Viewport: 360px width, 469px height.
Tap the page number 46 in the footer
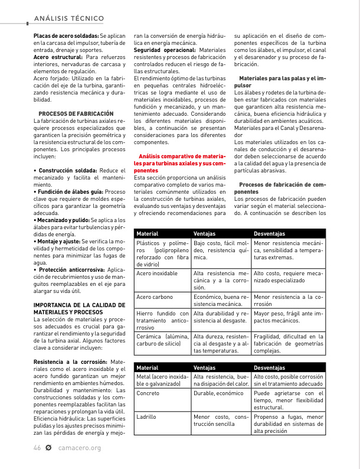pos(37,448)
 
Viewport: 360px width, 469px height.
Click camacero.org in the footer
pos(80,448)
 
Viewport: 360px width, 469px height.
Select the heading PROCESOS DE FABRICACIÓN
pos(76,113)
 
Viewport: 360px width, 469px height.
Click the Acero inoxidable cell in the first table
pos(157,273)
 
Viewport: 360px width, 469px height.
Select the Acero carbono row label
pos(155,297)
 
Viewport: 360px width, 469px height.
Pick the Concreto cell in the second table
pos(148,393)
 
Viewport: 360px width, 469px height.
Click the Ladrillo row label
pos(146,416)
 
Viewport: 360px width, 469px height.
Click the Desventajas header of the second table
pos(269,367)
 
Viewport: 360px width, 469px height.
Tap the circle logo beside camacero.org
pos(48,448)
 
